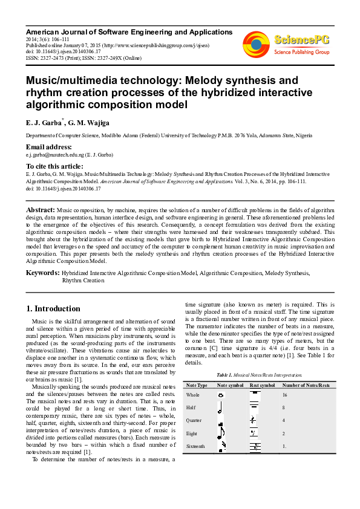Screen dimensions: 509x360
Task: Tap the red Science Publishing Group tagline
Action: point(301,52)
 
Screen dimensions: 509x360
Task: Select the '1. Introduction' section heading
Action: point(53,308)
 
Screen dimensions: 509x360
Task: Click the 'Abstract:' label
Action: point(40,209)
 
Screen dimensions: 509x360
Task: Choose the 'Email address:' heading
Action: point(48,147)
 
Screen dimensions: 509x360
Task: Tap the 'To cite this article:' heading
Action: point(54,166)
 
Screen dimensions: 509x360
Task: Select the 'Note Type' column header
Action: point(197,385)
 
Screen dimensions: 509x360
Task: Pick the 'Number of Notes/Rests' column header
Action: point(306,385)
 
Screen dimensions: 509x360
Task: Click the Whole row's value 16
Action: point(285,394)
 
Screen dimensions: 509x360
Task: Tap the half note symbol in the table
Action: point(221,406)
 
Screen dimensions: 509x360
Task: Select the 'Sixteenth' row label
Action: point(196,446)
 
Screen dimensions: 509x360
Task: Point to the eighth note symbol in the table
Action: point(221,433)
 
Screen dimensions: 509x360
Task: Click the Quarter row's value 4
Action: point(284,420)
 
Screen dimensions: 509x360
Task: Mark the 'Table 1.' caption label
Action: point(225,375)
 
